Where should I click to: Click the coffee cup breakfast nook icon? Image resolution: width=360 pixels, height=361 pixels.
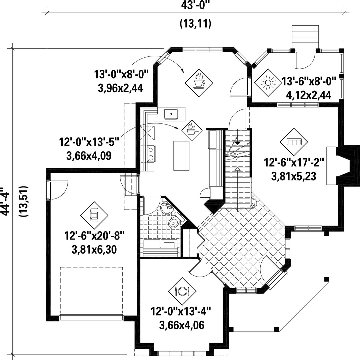(x=199, y=82)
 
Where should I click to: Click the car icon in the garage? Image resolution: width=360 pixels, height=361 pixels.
(x=94, y=215)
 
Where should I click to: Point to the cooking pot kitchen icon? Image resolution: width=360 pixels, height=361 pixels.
(x=192, y=130)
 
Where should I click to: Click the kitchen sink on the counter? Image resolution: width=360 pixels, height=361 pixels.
(x=171, y=114)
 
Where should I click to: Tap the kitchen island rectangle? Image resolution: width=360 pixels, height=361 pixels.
(x=181, y=155)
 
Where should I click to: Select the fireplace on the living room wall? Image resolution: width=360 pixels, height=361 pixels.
(x=343, y=165)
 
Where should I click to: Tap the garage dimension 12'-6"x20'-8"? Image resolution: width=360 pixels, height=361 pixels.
(x=94, y=236)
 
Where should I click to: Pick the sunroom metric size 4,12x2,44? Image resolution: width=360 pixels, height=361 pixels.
(x=309, y=95)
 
